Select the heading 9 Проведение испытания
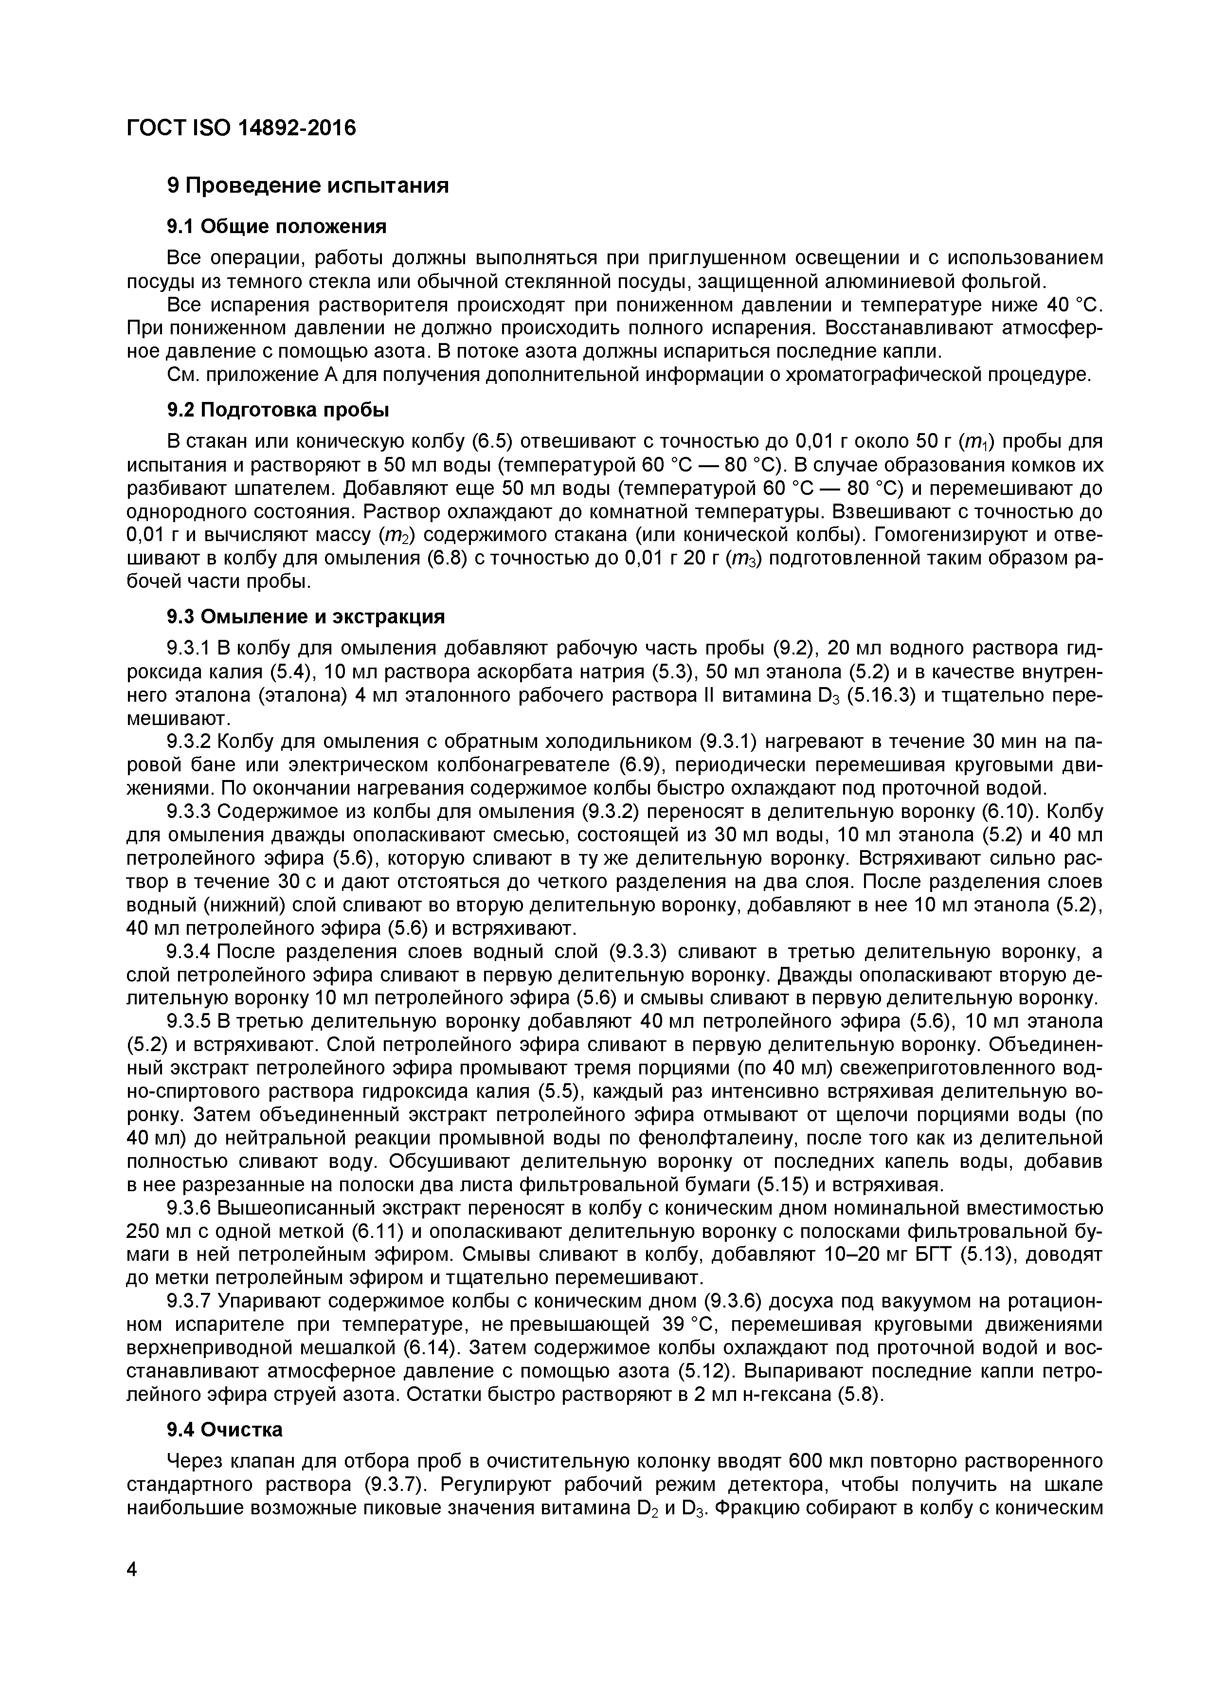307,185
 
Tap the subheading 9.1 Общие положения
276,226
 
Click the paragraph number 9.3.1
190,648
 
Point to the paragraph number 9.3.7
190,1301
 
